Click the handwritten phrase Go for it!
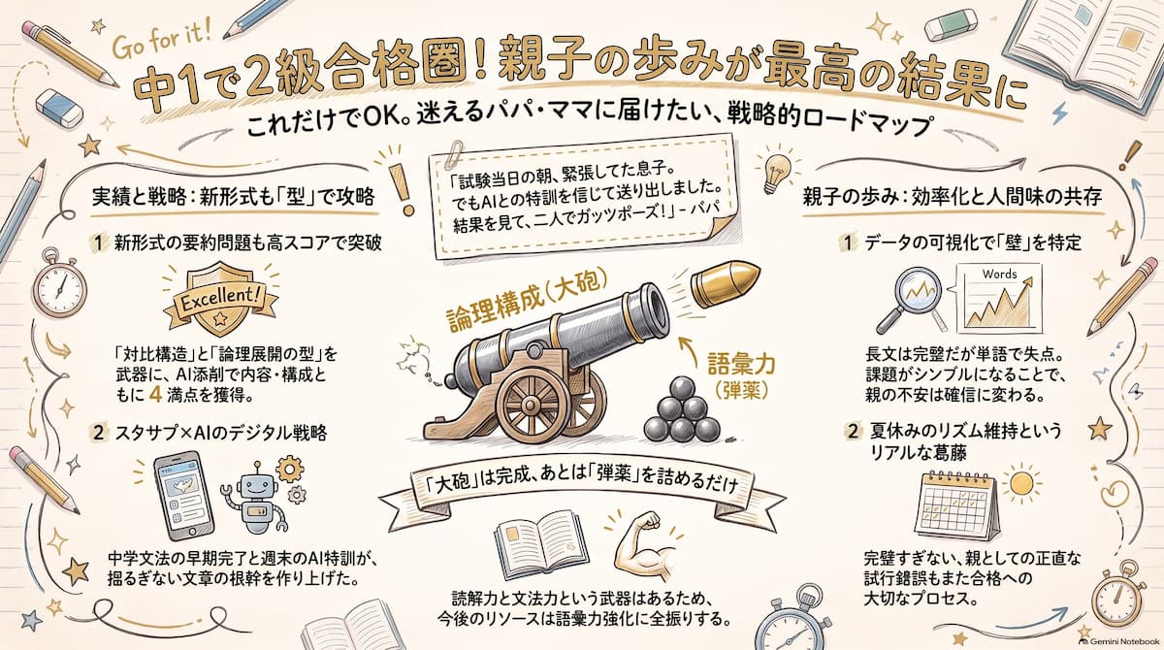pyautogui.click(x=162, y=43)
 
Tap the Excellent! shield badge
pyautogui.click(x=220, y=299)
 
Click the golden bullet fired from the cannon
pyautogui.click(x=725, y=284)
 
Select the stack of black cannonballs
pyautogui.click(x=682, y=409)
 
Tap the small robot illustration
pyautogui.click(x=254, y=496)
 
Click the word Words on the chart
pyautogui.click(x=999, y=274)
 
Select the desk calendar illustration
pyautogui.click(x=956, y=505)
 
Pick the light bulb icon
pyautogui.click(x=777, y=172)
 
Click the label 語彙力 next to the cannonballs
pyautogui.click(x=741, y=364)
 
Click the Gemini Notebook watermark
pyautogui.click(x=1124, y=641)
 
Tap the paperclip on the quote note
pyautogui.click(x=456, y=152)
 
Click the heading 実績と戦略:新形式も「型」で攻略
pyautogui.click(x=233, y=198)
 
